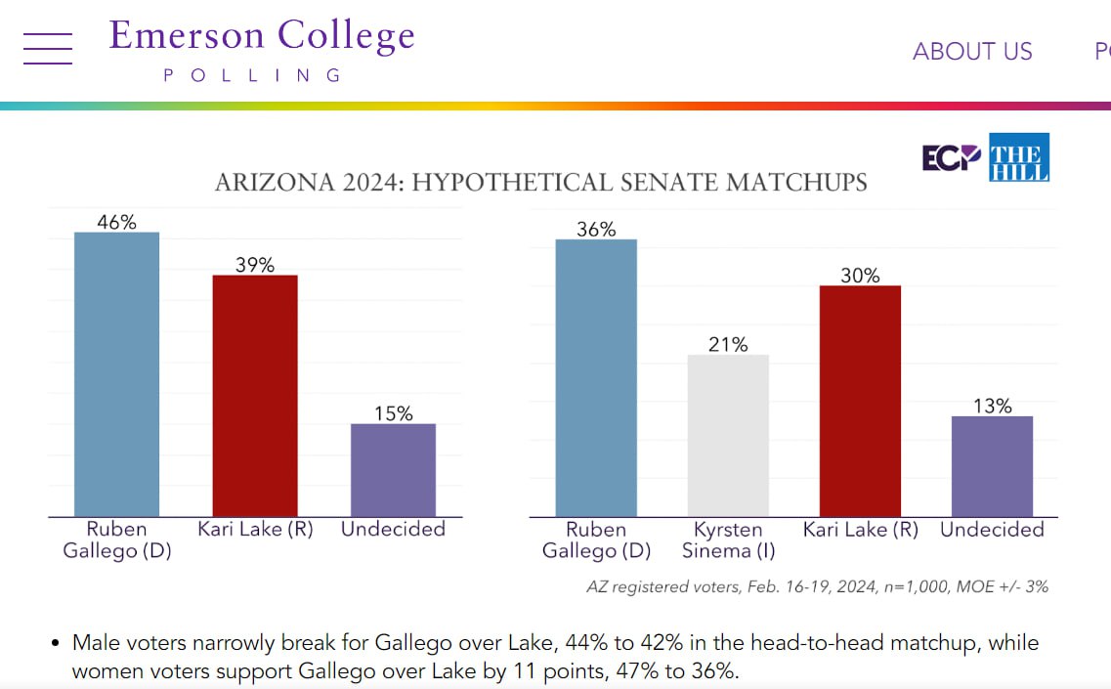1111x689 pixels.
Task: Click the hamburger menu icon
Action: pos(48,48)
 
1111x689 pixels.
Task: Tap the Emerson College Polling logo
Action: pos(262,49)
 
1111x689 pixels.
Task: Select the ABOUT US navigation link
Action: pos(972,52)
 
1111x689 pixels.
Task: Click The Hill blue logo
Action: pos(1019,157)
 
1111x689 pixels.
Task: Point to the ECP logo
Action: pos(952,157)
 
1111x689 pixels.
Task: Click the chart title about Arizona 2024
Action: pos(540,183)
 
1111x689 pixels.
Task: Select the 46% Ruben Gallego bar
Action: pos(116,374)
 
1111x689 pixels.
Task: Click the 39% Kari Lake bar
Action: pos(255,396)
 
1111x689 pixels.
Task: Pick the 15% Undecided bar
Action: pos(393,470)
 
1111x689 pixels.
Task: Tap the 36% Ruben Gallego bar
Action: pos(596,378)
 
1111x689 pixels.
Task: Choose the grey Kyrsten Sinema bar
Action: pos(728,435)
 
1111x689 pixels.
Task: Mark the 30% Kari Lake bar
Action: pos(860,401)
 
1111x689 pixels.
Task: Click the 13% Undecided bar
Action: pos(992,466)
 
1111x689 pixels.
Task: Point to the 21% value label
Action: pos(728,344)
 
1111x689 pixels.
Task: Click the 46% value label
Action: pos(116,222)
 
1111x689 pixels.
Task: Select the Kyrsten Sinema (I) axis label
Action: pos(728,540)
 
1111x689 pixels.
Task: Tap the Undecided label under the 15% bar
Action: pos(393,530)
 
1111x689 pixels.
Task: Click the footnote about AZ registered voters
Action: pos(817,586)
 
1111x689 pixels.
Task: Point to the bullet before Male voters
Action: pos(56,644)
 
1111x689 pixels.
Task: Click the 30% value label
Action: pos(860,276)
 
